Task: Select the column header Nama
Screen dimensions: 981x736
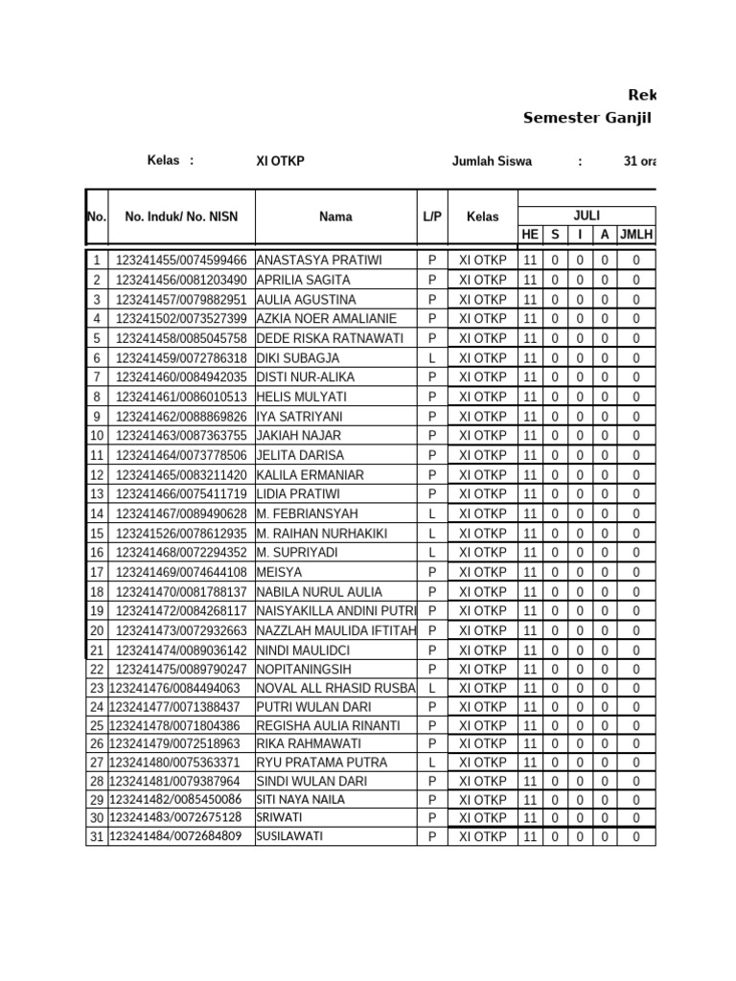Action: tap(335, 217)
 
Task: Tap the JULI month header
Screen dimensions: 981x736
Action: tap(586, 216)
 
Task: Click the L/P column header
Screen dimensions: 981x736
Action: tap(432, 217)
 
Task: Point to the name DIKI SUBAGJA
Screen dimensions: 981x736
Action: tap(298, 358)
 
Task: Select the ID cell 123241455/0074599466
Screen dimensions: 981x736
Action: tap(181, 261)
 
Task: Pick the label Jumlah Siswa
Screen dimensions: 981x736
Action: tap(492, 162)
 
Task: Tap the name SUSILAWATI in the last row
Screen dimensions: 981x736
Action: tap(289, 836)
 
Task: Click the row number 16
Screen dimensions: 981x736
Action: tap(97, 553)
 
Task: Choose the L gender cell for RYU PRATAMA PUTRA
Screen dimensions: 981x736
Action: tap(432, 763)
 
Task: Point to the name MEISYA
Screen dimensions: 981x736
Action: tap(279, 572)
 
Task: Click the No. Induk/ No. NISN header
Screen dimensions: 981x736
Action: tap(181, 217)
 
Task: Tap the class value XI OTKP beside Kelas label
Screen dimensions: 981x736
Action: tap(280, 161)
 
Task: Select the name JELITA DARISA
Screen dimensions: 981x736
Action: tap(300, 455)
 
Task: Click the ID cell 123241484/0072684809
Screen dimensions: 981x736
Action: tap(175, 836)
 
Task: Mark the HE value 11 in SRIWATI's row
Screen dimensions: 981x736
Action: tap(530, 818)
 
